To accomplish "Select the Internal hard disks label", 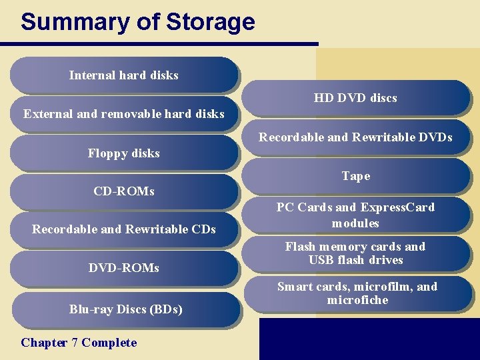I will point(123,75).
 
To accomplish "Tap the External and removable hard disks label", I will point(123,114).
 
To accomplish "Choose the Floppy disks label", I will point(123,153).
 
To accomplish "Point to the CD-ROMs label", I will point(123,191).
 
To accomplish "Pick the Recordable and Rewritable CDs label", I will point(123,229).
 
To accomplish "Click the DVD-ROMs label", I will point(123,268).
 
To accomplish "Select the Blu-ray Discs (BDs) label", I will point(125,309).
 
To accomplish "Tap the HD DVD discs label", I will point(355,98).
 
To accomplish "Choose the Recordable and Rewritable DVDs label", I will point(355,137).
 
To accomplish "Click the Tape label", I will point(355,176).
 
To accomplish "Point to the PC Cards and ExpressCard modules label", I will point(355,215).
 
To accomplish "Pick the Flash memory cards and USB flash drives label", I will point(355,253).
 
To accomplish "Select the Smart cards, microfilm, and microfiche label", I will point(357,293).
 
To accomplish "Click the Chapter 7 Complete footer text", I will point(79,343).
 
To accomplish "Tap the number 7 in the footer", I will point(75,343).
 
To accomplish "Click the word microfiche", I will point(357,300).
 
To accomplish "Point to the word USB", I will point(321,260).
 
